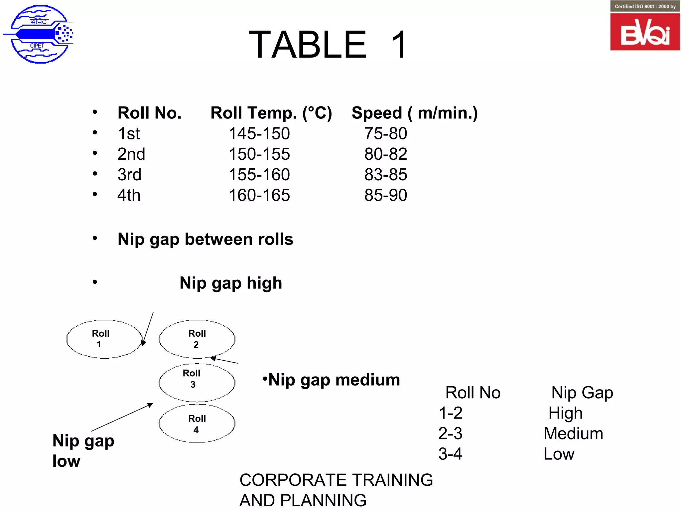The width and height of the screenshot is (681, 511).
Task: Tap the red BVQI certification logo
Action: [645, 32]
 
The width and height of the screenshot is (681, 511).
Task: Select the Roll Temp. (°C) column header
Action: [271, 113]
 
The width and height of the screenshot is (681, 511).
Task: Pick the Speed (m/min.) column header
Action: [414, 113]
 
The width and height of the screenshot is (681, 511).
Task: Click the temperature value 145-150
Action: [259, 134]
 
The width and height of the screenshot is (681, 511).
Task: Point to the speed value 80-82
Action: [385, 154]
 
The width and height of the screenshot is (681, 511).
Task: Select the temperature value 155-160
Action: [259, 175]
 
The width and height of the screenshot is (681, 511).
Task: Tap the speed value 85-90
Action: [385, 195]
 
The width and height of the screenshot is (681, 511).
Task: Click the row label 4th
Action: [129, 195]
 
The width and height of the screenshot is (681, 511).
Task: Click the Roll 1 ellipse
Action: [104, 339]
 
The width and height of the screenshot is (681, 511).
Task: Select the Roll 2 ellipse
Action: [197, 339]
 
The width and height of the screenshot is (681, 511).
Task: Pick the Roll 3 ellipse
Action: [197, 382]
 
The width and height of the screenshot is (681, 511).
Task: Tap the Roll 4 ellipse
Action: [197, 424]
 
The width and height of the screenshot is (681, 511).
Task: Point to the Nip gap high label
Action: [231, 283]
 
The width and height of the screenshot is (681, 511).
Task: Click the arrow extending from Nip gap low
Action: [122, 417]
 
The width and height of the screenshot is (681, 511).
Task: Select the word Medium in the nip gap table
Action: [573, 433]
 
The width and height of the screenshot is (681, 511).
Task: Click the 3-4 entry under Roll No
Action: [450, 454]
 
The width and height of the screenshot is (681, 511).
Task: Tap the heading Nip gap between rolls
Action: [205, 239]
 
